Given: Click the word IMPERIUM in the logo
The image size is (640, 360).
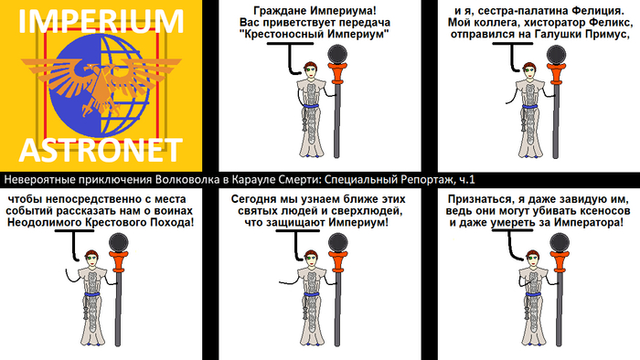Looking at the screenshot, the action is [101, 21].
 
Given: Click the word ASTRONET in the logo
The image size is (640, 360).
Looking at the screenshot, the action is [101, 150].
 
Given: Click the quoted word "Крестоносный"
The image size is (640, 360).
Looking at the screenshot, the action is [282, 34].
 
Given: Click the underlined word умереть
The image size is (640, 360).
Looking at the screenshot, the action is [513, 223].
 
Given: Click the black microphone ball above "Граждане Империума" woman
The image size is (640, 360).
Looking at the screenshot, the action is [338, 54].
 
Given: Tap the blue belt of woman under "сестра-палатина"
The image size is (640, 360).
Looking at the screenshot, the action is [529, 107].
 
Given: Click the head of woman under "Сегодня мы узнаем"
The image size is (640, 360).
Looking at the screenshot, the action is [310, 258].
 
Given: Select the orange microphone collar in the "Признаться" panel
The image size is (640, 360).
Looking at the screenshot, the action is [560, 262].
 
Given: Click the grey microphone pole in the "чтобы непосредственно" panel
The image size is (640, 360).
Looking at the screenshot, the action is [118, 309].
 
